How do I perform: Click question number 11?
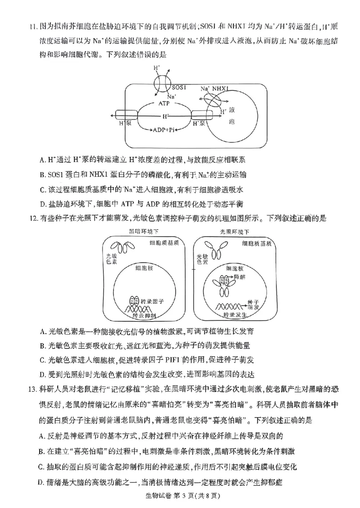(32, 27)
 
